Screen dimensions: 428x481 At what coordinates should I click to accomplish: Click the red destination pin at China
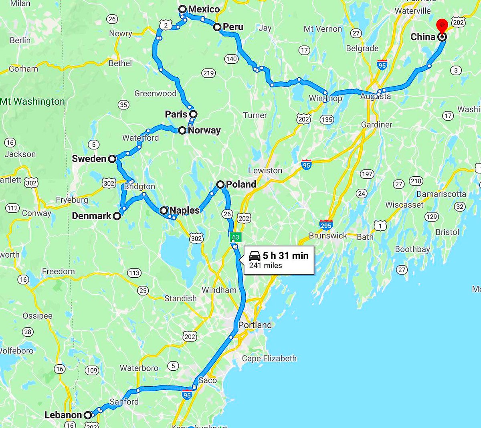(x=442, y=25)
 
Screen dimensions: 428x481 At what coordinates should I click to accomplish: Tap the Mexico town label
(x=204, y=9)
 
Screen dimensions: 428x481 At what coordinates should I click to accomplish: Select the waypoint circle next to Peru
(x=217, y=27)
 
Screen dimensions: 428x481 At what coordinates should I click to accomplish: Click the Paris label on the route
(x=176, y=114)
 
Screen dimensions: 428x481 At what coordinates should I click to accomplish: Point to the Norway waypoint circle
(x=182, y=130)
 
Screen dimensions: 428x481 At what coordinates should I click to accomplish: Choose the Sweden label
(x=89, y=159)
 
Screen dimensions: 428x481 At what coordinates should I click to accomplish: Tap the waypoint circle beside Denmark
(x=117, y=216)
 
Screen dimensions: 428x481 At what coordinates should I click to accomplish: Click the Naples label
(x=184, y=210)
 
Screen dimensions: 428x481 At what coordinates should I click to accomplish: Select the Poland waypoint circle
(x=220, y=184)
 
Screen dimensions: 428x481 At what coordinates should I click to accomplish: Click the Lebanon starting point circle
(x=88, y=415)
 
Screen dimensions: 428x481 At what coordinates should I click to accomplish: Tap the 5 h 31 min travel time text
(x=286, y=256)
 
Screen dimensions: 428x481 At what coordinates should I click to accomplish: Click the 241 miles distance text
(x=265, y=265)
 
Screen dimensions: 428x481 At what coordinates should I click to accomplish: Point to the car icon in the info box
(x=255, y=256)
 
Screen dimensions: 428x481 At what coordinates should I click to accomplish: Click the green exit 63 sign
(x=235, y=237)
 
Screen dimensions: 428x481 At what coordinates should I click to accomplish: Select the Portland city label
(x=255, y=325)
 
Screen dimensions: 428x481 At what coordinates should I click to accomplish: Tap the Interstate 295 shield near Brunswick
(x=326, y=225)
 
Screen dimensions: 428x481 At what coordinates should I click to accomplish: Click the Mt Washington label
(x=32, y=101)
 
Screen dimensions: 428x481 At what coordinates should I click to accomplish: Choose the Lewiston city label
(x=265, y=170)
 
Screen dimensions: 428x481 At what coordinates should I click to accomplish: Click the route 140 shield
(x=231, y=59)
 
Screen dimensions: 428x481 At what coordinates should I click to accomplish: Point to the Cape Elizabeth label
(x=269, y=358)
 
